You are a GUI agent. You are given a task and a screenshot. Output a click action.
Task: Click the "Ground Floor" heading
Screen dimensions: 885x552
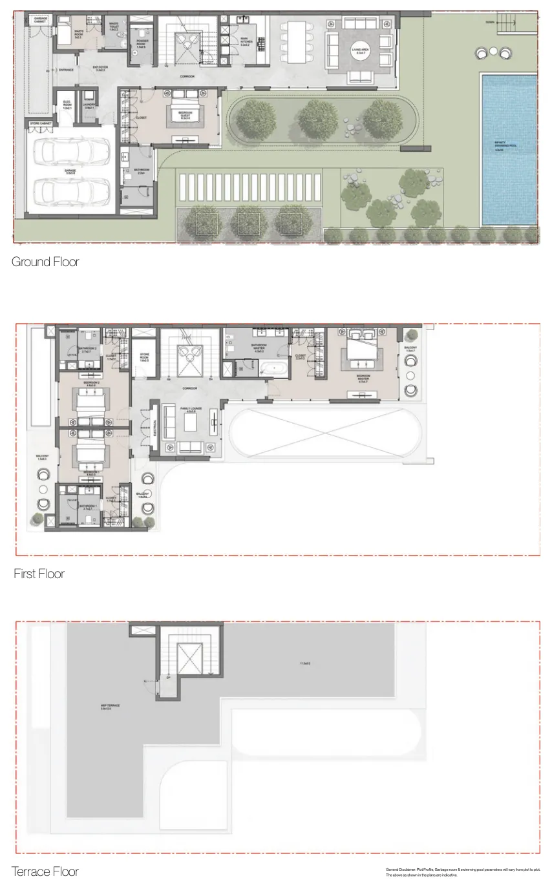[45, 262]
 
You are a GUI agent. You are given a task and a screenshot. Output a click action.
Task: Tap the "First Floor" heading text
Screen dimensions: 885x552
[39, 574]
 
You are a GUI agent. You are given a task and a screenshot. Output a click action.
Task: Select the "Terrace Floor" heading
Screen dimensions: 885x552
[45, 871]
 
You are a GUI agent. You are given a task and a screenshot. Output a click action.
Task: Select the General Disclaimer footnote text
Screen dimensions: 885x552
[462, 872]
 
